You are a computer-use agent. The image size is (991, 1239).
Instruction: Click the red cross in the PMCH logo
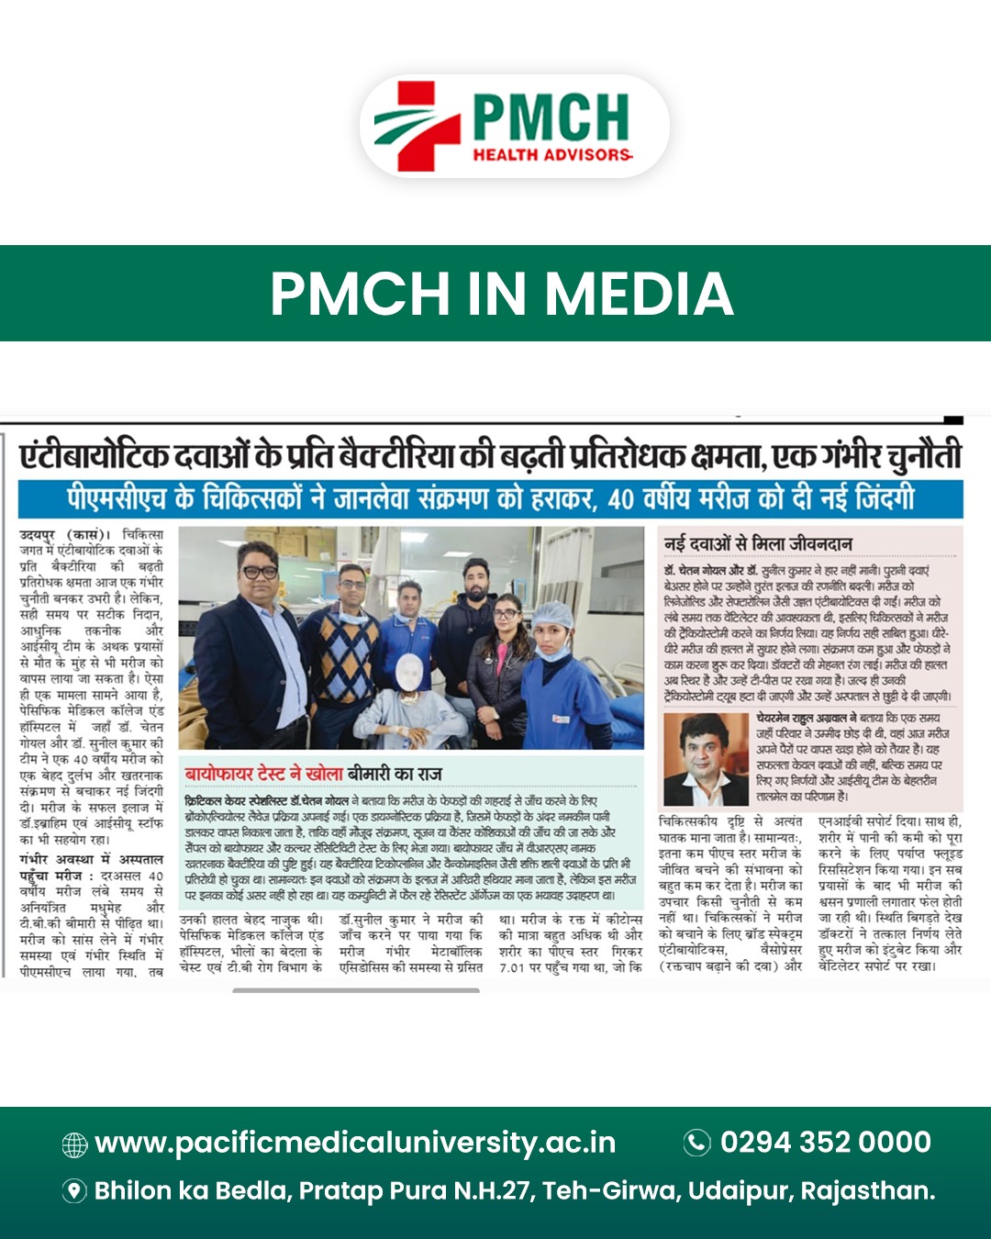coord(418,125)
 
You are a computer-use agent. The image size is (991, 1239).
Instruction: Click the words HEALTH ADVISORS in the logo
coord(552,155)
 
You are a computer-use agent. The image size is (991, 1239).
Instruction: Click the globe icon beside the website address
coord(74,1144)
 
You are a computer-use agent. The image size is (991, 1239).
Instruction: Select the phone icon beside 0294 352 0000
coord(697,1142)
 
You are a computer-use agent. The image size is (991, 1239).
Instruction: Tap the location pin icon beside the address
coord(74,1191)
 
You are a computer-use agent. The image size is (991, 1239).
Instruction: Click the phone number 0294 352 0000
coord(825,1142)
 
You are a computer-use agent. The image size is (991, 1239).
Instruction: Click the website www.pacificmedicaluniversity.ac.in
coord(355,1143)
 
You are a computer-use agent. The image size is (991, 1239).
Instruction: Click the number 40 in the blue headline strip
coord(621,500)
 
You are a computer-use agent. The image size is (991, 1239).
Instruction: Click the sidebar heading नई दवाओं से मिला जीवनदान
coord(758,543)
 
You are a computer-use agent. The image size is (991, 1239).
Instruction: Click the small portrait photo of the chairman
coord(706,758)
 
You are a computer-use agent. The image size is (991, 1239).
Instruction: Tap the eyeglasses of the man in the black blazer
coord(260,572)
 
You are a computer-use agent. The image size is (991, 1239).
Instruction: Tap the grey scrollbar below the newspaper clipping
coord(356,990)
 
